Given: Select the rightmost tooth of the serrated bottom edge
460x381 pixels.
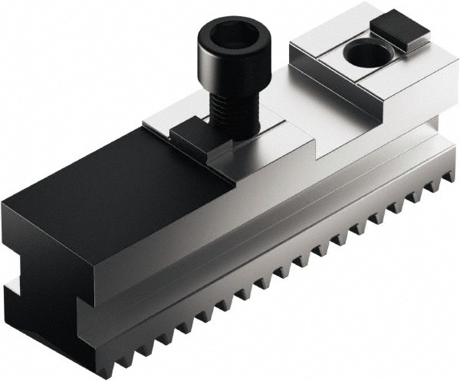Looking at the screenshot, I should coord(448,184).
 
